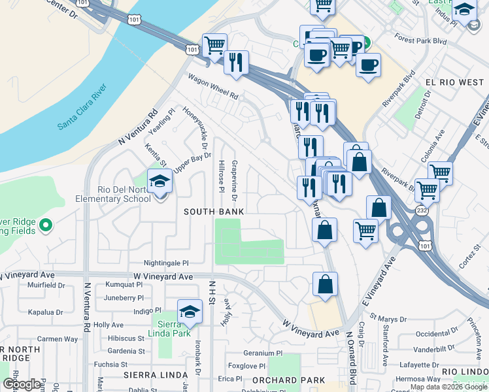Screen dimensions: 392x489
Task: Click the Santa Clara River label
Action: pos(82,106)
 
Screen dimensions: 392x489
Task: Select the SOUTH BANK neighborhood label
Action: pos(214,212)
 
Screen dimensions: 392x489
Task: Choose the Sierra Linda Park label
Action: pos(173,328)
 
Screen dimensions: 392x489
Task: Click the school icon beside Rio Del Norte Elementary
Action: pos(159,182)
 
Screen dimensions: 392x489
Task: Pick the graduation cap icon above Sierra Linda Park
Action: pos(190,312)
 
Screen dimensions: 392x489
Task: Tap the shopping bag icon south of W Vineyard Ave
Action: pos(325,284)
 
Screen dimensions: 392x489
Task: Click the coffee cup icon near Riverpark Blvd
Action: pos(368,65)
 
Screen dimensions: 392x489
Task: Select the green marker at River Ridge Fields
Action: pos(45,226)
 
